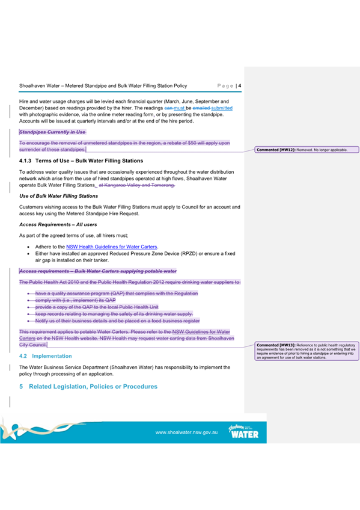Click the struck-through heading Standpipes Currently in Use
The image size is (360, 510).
(53, 131)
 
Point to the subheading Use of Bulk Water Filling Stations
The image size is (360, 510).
(58, 196)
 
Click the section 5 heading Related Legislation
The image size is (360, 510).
(93, 386)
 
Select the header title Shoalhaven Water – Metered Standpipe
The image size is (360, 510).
(103, 86)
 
